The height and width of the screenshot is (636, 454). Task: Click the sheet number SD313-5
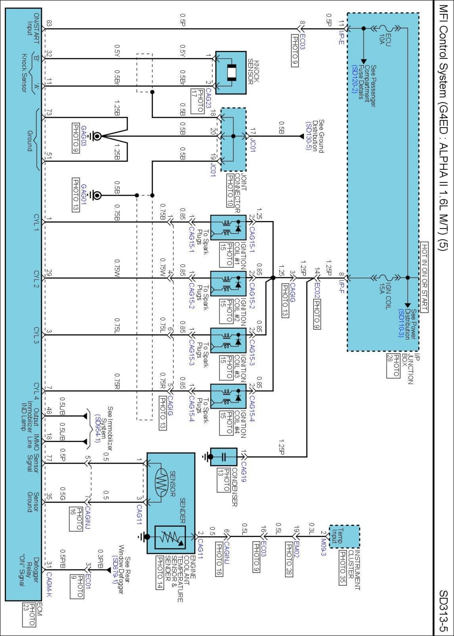click(x=444, y=610)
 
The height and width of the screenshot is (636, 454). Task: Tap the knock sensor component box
click(x=231, y=73)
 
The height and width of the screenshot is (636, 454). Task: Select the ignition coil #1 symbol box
click(x=228, y=227)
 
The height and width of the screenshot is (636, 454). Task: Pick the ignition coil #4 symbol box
click(x=228, y=396)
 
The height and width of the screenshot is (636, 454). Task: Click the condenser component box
click(x=224, y=457)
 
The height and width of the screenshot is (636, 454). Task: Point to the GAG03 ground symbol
click(x=96, y=136)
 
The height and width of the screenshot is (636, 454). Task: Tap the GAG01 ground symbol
click(x=96, y=195)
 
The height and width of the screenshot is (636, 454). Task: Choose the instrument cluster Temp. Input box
click(x=344, y=536)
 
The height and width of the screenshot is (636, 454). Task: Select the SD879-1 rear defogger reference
click(x=115, y=570)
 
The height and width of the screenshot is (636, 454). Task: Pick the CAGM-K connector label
click(x=49, y=584)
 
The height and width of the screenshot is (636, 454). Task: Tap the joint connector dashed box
click(x=233, y=139)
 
